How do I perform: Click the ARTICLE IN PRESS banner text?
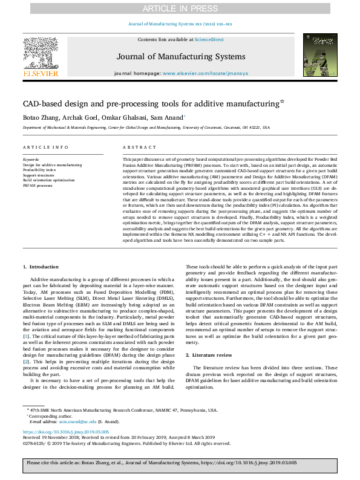click(x=180, y=8)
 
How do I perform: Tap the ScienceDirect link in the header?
click(x=209, y=39)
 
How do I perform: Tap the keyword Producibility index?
click(x=41, y=170)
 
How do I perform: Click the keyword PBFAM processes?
click(x=38, y=184)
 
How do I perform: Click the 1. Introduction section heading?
click(x=42, y=267)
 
